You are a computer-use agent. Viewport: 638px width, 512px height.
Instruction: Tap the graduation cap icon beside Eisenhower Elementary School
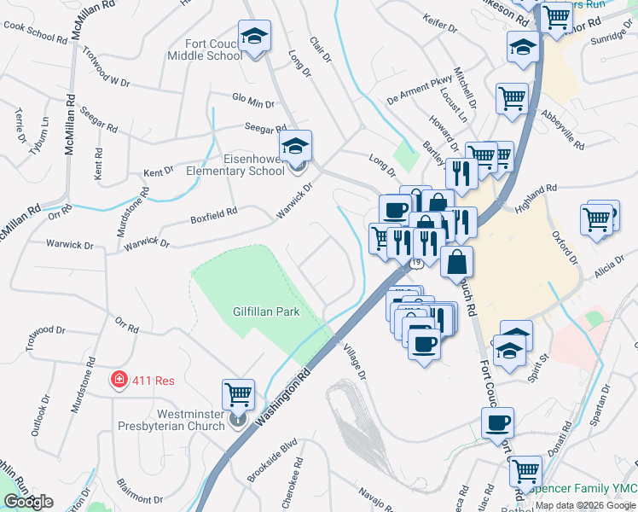(296, 146)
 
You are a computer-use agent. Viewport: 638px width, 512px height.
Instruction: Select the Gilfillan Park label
(266, 312)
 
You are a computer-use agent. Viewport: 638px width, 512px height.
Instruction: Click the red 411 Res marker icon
(119, 379)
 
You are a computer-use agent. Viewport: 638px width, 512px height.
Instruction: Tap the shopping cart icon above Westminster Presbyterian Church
(238, 394)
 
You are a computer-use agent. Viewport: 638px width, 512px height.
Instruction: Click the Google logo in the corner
(28, 502)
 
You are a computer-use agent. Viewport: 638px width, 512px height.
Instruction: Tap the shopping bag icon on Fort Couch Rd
(457, 260)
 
